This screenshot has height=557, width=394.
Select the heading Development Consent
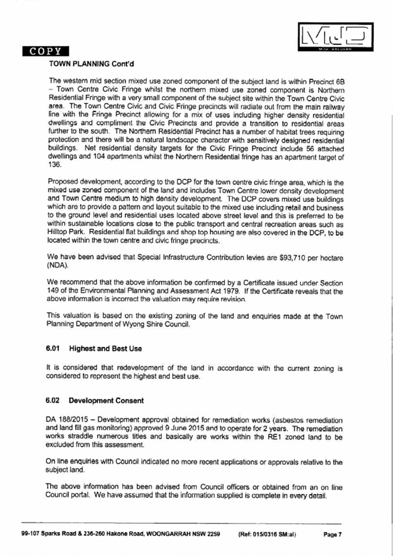pos(106,401)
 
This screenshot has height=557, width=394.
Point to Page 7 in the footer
pos(332,535)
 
